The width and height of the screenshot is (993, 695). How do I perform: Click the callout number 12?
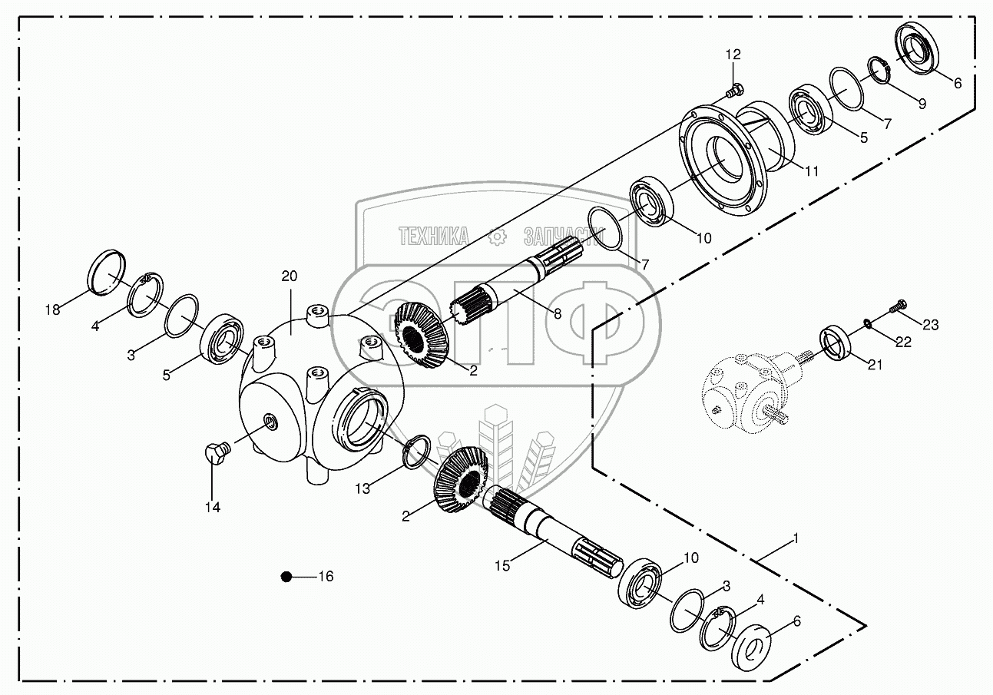pyautogui.click(x=733, y=54)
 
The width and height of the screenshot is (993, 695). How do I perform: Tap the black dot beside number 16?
pyautogui.click(x=286, y=577)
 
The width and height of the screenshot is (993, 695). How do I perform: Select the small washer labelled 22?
pyautogui.click(x=868, y=322)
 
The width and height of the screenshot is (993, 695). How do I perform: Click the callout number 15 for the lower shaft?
pyautogui.click(x=502, y=566)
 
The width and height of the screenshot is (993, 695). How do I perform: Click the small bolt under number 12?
pyautogui.click(x=733, y=91)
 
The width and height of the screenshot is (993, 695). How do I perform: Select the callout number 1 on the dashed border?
pyautogui.click(x=796, y=539)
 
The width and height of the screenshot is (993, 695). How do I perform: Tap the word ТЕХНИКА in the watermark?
pyautogui.click(x=433, y=236)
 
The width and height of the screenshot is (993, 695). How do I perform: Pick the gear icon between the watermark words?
pyautogui.click(x=498, y=237)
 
